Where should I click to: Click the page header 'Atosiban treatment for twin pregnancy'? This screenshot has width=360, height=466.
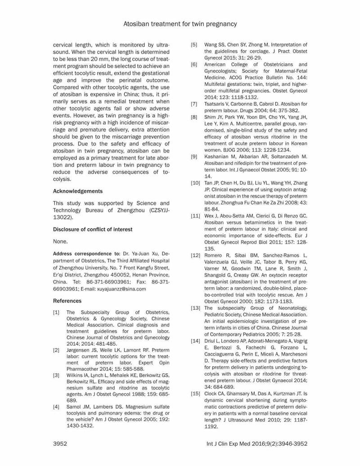[x=180, y=23]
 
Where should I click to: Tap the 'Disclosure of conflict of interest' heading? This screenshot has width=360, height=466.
[x=93, y=229]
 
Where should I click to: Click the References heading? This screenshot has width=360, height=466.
[x=67, y=300]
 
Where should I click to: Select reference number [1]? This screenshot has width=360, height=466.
[x=57, y=312]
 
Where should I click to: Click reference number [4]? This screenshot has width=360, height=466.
[x=57, y=407]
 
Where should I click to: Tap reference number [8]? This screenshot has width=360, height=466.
[x=194, y=117]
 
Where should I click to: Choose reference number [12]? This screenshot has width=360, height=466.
[x=196, y=256]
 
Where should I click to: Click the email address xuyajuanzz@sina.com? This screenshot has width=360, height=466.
[x=121, y=289]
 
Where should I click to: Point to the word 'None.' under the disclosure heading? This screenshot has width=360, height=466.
[x=60, y=241]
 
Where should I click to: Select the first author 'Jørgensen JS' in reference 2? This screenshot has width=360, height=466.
[x=82, y=350]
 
